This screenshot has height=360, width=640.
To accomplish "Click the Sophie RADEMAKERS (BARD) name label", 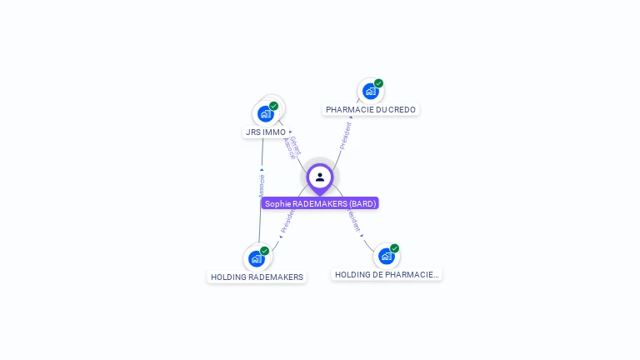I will [x=320, y=203].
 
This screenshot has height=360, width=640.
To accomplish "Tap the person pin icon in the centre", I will [x=320, y=177].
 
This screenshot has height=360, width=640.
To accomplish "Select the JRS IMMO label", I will [x=266, y=132].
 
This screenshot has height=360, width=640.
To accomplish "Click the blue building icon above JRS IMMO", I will [x=265, y=113].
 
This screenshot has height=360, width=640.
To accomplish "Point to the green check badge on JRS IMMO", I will [x=273, y=106].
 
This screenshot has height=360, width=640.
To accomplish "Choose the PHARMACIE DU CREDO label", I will [x=371, y=109].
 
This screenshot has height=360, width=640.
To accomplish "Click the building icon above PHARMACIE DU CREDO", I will [x=370, y=91].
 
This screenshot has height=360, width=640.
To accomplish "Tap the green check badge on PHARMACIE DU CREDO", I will [x=378, y=83].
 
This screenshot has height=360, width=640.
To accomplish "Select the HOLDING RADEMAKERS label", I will [x=257, y=277].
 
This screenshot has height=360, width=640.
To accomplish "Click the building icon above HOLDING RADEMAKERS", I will [x=256, y=258].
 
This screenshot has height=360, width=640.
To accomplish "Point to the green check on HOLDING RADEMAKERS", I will [x=264, y=251].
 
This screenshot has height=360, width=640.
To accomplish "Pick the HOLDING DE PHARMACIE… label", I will [x=387, y=274].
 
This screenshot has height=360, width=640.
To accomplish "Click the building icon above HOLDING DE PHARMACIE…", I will [x=386, y=256].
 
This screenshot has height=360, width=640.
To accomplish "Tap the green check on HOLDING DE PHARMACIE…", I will [x=394, y=248].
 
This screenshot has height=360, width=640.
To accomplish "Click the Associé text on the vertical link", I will [x=262, y=184].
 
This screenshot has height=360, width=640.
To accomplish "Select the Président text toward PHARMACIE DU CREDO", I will [x=346, y=135].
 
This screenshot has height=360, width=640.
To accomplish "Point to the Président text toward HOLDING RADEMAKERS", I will [x=287, y=220].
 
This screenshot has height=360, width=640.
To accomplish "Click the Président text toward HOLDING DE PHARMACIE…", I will [x=353, y=220].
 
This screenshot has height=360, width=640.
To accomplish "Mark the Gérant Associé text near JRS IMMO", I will [x=291, y=147].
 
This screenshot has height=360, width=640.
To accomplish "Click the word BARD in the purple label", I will [x=362, y=203].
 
